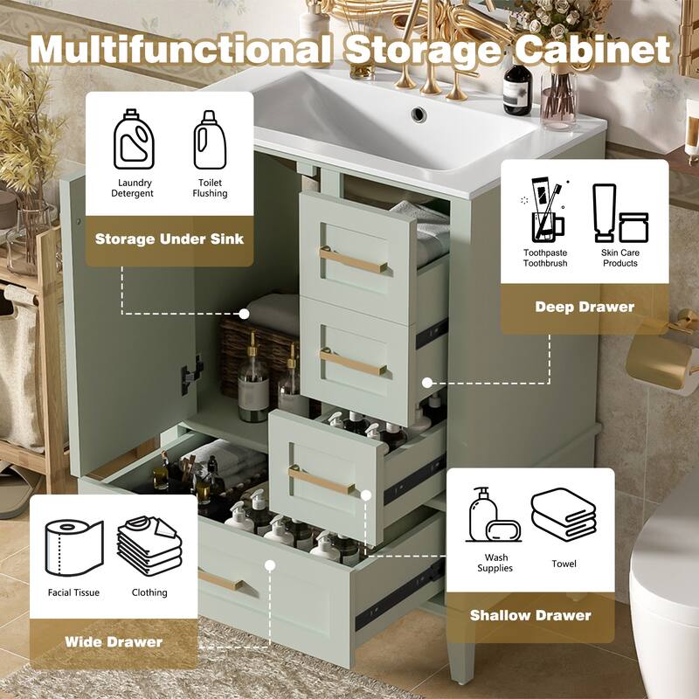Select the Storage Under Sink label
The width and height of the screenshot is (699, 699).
[170, 239]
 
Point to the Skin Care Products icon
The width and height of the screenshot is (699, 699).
[619, 214]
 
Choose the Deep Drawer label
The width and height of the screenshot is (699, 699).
[584, 307]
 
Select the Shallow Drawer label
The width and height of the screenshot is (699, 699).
[529, 615]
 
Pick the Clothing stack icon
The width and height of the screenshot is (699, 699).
[149, 544]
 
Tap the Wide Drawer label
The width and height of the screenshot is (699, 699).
[114, 642]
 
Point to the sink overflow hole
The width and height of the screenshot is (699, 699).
[419, 114]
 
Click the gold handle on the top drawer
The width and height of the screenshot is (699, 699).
[354, 260]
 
